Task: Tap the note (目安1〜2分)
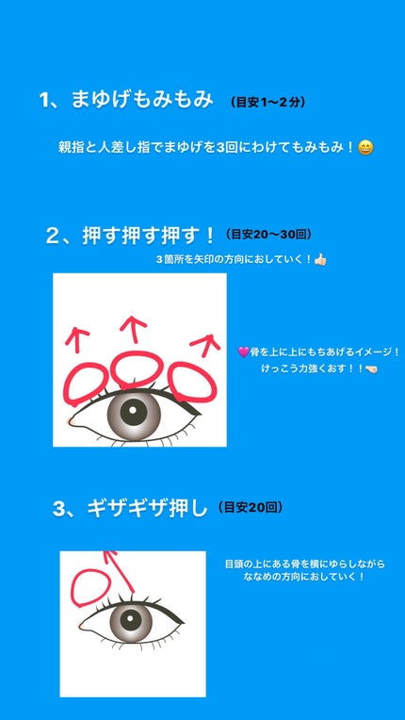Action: [267, 102]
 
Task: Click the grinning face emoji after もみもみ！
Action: [366, 147]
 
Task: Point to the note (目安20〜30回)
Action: [270, 234]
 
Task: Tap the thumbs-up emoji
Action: [320, 258]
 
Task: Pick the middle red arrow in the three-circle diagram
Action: [134, 327]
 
